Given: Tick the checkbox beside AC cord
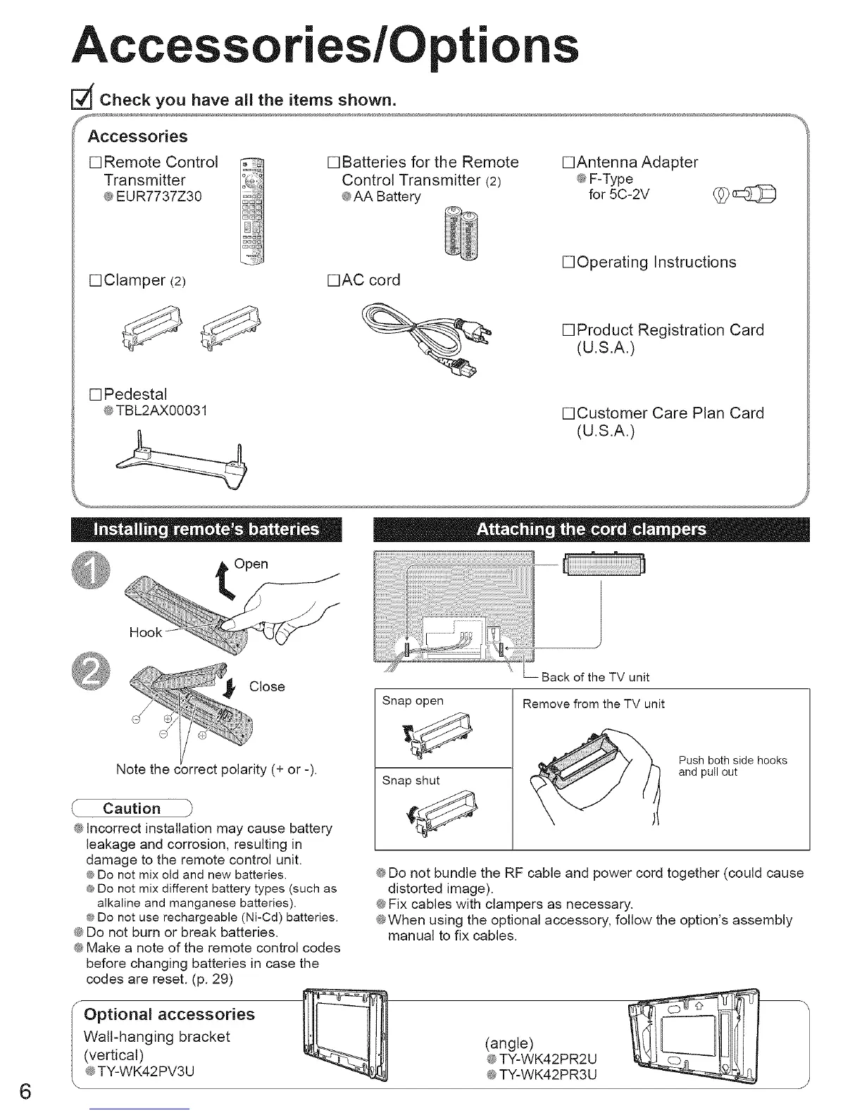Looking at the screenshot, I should coord(334,280).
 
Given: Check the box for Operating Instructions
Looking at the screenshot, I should coord(568,263).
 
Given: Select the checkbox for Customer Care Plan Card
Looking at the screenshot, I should coord(568,413).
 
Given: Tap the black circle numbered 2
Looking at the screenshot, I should coord(91,675).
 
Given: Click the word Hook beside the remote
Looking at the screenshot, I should coord(146,633).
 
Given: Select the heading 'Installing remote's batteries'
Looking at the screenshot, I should coord(206,530).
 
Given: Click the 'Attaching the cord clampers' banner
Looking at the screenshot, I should coord(591,530).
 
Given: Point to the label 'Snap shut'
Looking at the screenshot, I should coord(411,780).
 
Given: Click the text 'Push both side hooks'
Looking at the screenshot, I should coord(732,760).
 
